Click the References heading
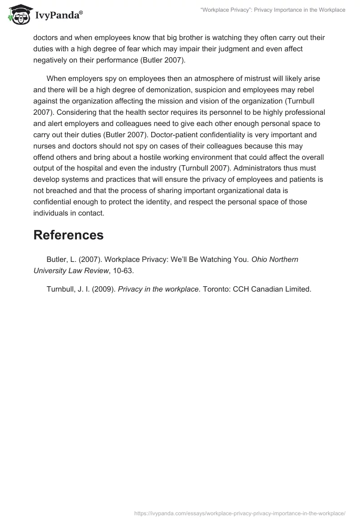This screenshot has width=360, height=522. (x=68, y=235)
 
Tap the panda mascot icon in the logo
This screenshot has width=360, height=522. (x=18, y=15)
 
